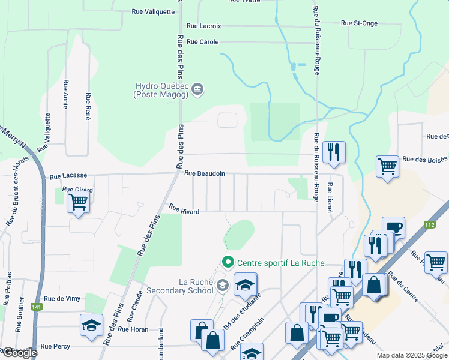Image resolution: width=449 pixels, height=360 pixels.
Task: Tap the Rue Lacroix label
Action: (204, 26)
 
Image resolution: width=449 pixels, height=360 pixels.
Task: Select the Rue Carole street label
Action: (203, 42)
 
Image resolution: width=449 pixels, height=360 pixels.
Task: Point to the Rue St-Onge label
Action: (359, 23)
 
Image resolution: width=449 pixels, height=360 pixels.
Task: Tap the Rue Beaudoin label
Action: (205, 173)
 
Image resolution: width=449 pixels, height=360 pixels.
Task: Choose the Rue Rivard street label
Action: (184, 209)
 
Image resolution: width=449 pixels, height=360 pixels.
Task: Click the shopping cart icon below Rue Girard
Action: (79, 202)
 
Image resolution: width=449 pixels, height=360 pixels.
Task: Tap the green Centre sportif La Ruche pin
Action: (228, 262)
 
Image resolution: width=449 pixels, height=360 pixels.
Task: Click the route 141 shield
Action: (37, 307)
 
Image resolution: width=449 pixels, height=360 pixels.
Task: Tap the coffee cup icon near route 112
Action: (394, 227)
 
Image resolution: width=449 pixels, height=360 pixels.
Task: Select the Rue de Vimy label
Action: (62, 299)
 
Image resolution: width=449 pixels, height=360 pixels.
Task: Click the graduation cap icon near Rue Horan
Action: (91, 326)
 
